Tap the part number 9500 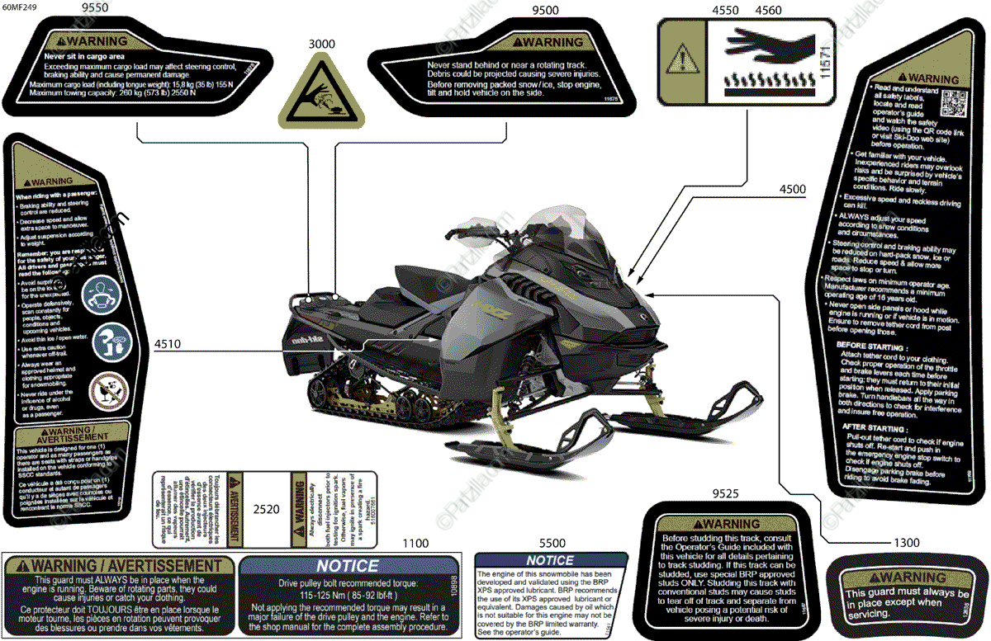(545, 10)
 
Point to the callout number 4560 (768, 10)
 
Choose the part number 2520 (265, 511)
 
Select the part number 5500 (552, 544)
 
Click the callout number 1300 (906, 544)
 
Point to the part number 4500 (792, 189)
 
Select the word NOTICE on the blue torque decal (348, 566)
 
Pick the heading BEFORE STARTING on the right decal (872, 347)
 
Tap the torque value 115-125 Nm (348, 596)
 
